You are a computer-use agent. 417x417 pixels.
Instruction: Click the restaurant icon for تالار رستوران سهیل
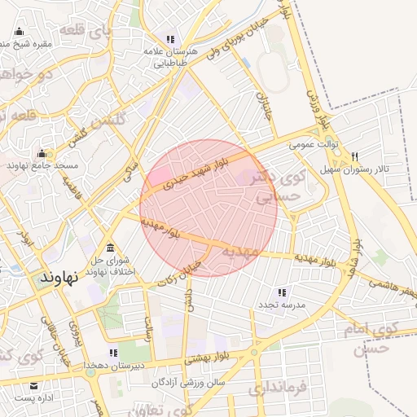[x=354, y=156]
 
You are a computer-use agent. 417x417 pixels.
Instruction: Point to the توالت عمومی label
[x=313, y=144]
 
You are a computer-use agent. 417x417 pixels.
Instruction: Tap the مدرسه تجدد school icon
[x=282, y=292]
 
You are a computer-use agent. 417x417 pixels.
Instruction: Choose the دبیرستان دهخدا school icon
[x=113, y=353]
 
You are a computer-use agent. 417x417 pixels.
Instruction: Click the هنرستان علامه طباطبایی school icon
[x=170, y=39]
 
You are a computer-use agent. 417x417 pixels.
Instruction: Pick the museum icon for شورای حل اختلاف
[x=111, y=248]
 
